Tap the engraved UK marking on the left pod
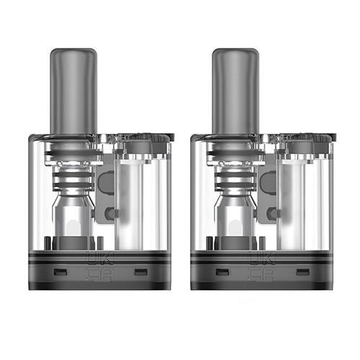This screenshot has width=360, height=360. (x=95, y=257)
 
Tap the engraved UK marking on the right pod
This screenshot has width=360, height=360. (x=256, y=257)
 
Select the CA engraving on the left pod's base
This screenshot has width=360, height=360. (x=95, y=273)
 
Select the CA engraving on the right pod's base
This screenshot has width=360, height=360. (x=256, y=273)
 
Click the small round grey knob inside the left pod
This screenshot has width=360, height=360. (x=109, y=214)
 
